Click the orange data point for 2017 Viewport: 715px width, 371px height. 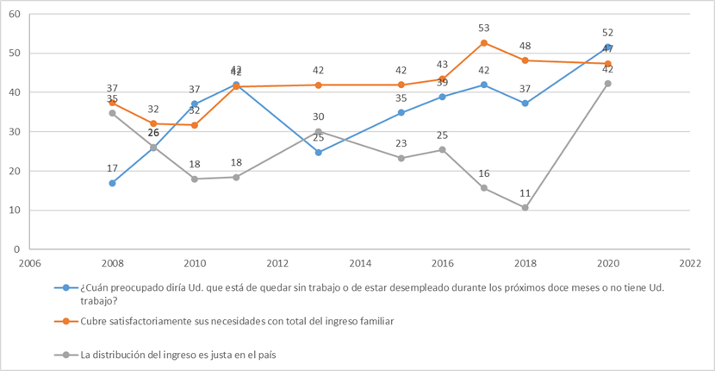pyautogui.click(x=484, y=42)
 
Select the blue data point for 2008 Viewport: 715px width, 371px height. pyautogui.click(x=112, y=183)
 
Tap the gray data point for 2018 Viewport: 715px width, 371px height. pyautogui.click(x=525, y=207)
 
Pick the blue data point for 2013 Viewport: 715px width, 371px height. pyautogui.click(x=319, y=152)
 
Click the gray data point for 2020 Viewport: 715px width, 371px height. pyautogui.click(x=608, y=84)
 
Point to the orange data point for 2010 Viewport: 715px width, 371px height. pyautogui.click(x=195, y=125)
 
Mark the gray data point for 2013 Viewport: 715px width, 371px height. pyautogui.click(x=319, y=132)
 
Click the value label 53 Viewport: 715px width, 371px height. pyautogui.click(x=484, y=28)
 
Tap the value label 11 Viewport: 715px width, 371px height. pyautogui.click(x=525, y=193)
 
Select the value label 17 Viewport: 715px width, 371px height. pyautogui.click(x=112, y=169)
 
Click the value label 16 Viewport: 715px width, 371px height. pyautogui.click(x=484, y=173)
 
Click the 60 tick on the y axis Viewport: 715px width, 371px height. pyautogui.click(x=15, y=15)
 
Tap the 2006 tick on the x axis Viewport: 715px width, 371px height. pyautogui.click(x=29, y=262)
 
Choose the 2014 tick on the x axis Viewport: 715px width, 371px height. pyautogui.click(x=360, y=262)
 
